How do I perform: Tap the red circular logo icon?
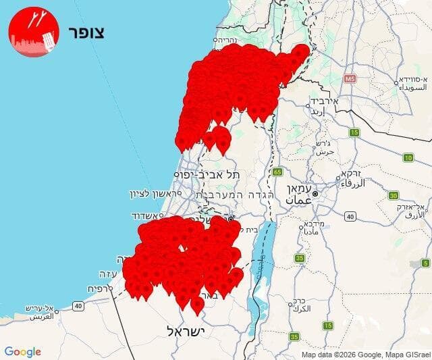[34, 32]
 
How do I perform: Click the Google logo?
[22, 352]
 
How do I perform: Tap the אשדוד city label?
[148, 216]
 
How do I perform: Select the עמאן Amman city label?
[299, 194]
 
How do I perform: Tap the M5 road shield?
[350, 79]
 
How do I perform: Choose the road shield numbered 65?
[277, 172]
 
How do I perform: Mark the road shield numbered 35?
[294, 336]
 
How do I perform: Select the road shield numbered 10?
[408, 157]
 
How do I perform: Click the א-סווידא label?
[411, 84]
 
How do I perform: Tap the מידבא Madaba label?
[315, 227]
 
